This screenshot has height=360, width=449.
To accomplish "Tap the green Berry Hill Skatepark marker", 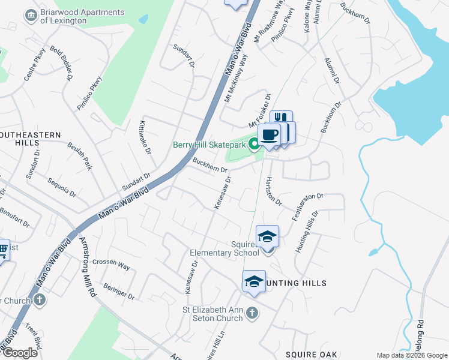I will (254, 144).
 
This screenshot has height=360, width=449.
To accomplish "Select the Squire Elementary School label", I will (224, 248).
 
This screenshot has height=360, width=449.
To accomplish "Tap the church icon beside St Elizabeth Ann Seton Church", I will (253, 313).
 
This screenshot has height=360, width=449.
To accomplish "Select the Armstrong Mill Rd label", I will (87, 266).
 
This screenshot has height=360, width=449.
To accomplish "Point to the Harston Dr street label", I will (274, 191).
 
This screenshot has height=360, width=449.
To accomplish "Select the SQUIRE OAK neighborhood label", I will (311, 354).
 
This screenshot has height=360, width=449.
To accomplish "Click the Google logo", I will (20, 353).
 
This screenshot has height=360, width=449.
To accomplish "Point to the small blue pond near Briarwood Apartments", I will (143, 19).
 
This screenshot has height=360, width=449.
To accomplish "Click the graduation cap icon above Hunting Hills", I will (254, 281).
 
